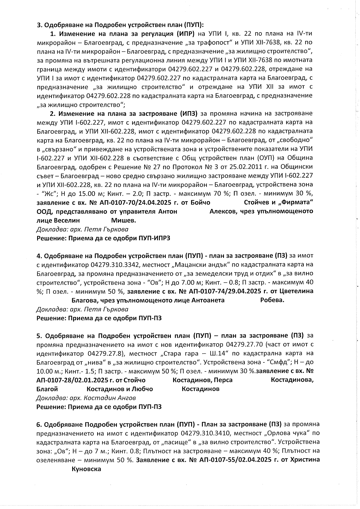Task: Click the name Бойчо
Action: pos(200,202)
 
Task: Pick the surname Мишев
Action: pos(124,220)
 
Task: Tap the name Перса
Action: pos(224,380)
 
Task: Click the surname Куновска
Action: pos(86,469)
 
